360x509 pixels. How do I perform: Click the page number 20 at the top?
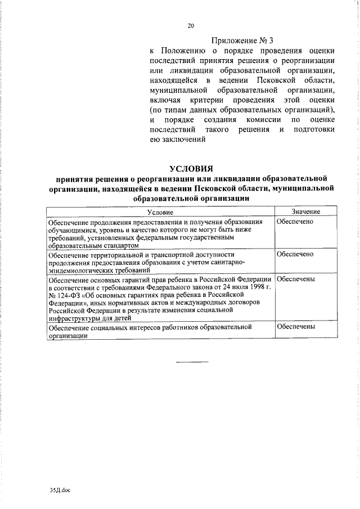click(x=191, y=26)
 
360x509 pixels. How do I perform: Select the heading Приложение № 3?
click(x=242, y=40)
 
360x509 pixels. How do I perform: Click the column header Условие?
click(x=160, y=212)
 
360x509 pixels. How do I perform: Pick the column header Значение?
click(x=305, y=211)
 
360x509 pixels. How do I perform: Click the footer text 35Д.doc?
click(x=60, y=490)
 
